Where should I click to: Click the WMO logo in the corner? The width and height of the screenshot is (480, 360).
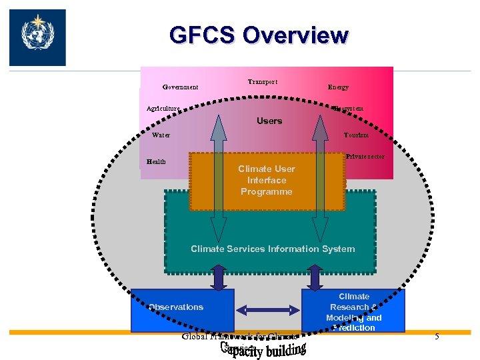[37, 37]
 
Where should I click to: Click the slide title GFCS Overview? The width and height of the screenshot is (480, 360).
[259, 35]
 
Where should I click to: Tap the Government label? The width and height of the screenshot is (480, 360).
[180, 87]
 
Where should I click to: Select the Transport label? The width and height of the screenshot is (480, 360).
[262, 82]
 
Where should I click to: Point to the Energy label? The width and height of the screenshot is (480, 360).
[337, 87]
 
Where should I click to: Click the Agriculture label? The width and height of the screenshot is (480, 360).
[163, 108]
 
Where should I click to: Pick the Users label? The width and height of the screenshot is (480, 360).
[269, 121]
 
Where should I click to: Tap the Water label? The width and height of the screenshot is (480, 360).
[161, 135]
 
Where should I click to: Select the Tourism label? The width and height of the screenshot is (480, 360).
[356, 135]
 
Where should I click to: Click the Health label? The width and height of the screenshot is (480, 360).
[156, 161]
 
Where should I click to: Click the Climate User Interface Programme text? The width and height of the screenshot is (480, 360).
[267, 180]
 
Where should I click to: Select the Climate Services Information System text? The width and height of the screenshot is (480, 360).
[273, 249]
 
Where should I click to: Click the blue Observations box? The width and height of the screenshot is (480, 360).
[182, 309]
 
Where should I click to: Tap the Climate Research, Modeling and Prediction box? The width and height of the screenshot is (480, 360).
[353, 311]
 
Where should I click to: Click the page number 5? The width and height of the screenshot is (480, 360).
[437, 337]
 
